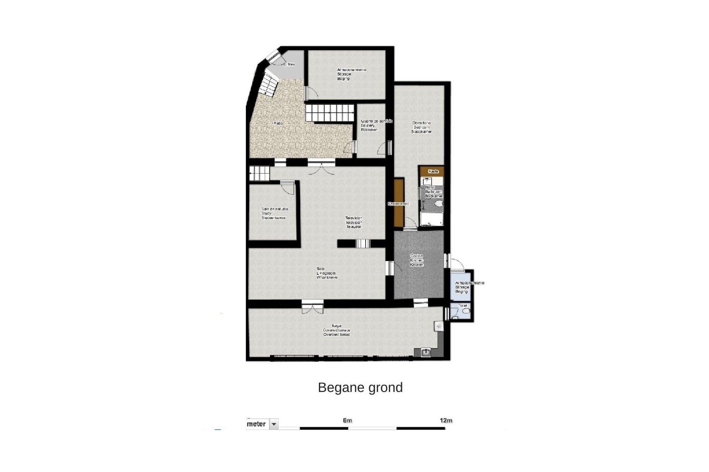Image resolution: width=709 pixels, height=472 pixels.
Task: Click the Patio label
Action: [x=278, y=123]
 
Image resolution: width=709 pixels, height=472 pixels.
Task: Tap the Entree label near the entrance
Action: [x=289, y=64]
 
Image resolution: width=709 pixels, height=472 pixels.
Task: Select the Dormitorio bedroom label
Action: [x=421, y=127]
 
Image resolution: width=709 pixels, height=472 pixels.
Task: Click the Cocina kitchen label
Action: [x=417, y=260]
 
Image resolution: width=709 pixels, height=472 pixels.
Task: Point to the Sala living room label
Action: [x=326, y=273]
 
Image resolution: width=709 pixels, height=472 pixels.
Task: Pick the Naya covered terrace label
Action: [x=336, y=330]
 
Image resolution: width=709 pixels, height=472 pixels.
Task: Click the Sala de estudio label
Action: [x=274, y=214]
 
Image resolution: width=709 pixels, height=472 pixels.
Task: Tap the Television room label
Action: [x=354, y=222]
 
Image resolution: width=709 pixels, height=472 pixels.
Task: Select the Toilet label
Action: [x=463, y=306]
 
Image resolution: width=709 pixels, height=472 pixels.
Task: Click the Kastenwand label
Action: [x=398, y=204]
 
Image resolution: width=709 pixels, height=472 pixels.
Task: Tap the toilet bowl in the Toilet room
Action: [x=466, y=312]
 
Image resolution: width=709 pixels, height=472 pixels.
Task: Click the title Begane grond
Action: [x=360, y=388]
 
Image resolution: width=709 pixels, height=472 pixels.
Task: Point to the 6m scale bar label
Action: [x=347, y=420]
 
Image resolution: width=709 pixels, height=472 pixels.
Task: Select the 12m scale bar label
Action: [x=446, y=420]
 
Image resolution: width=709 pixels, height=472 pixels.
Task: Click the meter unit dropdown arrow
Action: [x=274, y=424]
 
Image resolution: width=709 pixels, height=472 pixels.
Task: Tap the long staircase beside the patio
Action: [x=329, y=113]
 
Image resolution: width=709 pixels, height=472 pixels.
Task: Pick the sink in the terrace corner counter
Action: [x=426, y=353]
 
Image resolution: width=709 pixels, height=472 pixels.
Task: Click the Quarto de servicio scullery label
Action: [x=376, y=125]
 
